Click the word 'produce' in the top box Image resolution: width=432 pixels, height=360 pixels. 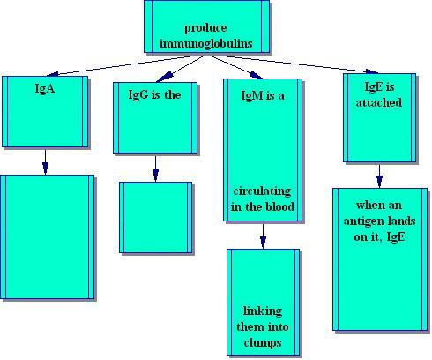click(205, 29)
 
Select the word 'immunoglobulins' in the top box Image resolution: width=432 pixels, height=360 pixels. click(206, 43)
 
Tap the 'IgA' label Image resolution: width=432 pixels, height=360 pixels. click(45, 88)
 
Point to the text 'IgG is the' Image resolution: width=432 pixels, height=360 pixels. click(154, 94)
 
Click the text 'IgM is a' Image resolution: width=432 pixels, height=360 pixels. click(263, 95)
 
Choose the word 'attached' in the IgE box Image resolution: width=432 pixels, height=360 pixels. click(379, 102)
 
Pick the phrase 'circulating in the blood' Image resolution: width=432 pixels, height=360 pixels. click(263, 199)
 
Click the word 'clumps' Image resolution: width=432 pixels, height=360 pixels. click(263, 343)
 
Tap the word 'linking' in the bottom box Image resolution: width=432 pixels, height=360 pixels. click(263, 311)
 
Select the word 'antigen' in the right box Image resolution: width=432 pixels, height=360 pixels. click(364, 221)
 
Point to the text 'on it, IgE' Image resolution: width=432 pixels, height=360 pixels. click(379, 236)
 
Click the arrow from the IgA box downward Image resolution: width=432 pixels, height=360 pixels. click(45, 162)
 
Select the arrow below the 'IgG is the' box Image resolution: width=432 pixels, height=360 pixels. click(155, 169)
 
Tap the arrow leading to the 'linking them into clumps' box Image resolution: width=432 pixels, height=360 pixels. click(263, 236)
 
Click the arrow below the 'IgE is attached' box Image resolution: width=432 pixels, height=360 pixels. click(379, 176)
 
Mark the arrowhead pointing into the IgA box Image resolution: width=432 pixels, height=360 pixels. click(52, 74)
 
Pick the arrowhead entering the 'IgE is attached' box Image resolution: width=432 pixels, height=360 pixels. click(372, 71)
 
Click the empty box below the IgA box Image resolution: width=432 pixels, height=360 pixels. click(47, 237)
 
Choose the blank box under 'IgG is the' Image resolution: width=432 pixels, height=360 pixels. click(156, 218)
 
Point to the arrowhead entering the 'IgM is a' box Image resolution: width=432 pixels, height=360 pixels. click(256, 76)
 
